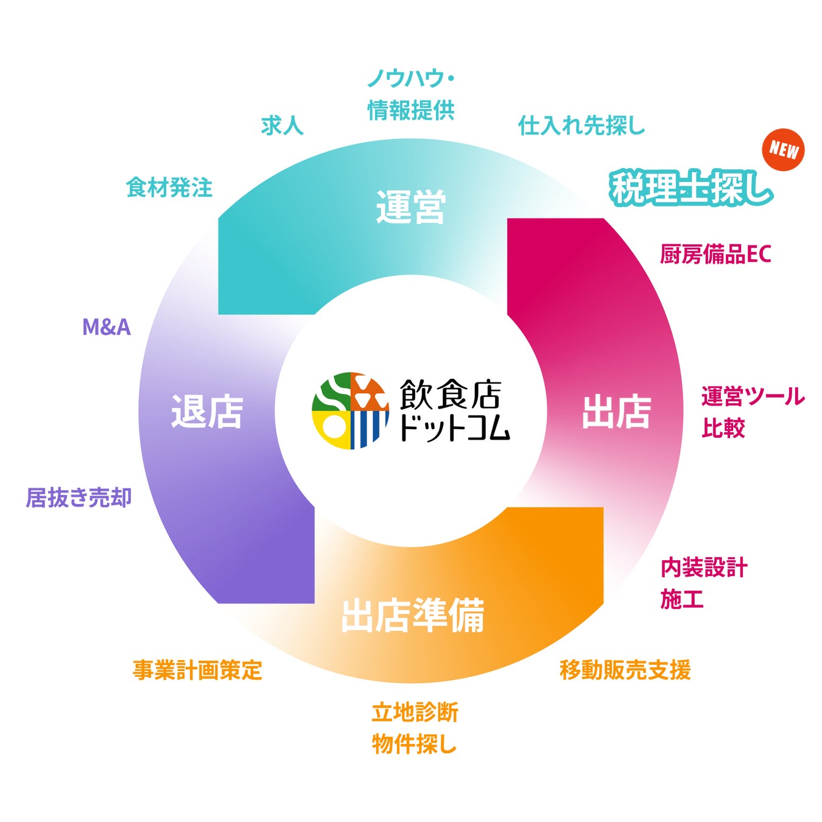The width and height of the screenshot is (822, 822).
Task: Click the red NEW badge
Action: [783, 150]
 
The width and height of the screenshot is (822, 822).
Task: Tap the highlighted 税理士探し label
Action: [691, 188]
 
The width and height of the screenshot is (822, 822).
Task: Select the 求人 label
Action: [282, 125]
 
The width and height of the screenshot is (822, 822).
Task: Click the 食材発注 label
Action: [169, 188]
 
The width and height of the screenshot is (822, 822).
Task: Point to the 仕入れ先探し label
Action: [581, 125]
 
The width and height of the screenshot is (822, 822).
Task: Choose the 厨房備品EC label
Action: [715, 254]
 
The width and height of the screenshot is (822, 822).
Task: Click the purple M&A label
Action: [107, 328]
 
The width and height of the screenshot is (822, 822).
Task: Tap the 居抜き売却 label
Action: [79, 497]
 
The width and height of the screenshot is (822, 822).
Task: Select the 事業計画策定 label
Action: [197, 670]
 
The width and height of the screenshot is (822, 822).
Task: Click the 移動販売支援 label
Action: [625, 670]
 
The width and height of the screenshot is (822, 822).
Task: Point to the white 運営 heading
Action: [411, 207]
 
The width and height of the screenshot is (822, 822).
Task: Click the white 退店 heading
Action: [207, 412]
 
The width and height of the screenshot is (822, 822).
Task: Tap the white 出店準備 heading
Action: [412, 616]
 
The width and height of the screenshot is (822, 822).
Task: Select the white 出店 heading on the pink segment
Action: [616, 412]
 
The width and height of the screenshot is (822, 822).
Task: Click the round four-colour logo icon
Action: [350, 410]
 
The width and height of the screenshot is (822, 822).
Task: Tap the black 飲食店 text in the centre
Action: [451, 395]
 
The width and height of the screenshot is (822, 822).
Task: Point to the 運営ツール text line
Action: [753, 396]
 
